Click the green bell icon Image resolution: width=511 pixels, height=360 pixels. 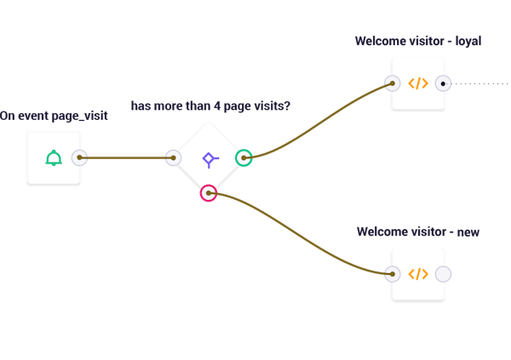pyautogui.click(x=54, y=158)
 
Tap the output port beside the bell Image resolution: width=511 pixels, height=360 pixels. pyautogui.click(x=79, y=157)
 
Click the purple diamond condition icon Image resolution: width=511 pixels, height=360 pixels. pyautogui.click(x=210, y=160)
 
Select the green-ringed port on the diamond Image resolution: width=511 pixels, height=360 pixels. pyautogui.click(x=244, y=157)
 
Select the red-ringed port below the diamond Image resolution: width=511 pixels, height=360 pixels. pyautogui.click(x=209, y=193)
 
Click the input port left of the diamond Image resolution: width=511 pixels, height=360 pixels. pyautogui.click(x=174, y=158)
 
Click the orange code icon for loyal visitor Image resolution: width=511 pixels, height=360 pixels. pyautogui.click(x=418, y=83)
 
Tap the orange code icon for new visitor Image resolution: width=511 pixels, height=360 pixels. pyautogui.click(x=418, y=274)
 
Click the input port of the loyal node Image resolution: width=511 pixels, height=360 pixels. pyautogui.click(x=393, y=83)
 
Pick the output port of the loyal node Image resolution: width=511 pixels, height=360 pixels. pyautogui.click(x=443, y=83)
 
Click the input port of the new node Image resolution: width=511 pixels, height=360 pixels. pyautogui.click(x=393, y=274)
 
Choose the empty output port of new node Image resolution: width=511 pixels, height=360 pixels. pyautogui.click(x=443, y=274)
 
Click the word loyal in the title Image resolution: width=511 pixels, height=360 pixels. pyautogui.click(x=468, y=42)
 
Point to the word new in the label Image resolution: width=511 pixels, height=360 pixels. pyautogui.click(x=468, y=232)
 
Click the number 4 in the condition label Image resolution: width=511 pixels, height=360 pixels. pyautogui.click(x=217, y=106)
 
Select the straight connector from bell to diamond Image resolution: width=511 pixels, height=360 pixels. pyautogui.click(x=126, y=157)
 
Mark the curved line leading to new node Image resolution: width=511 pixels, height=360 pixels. pyautogui.click(x=301, y=233)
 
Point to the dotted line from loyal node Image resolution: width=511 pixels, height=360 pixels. pyautogui.click(x=478, y=83)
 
